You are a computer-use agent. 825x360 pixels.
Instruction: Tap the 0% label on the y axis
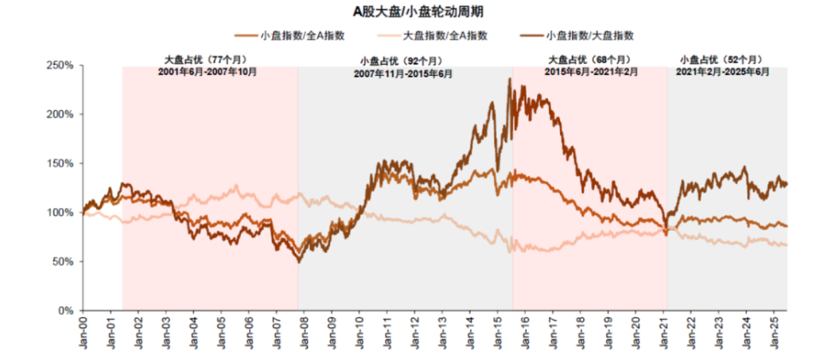(64, 311)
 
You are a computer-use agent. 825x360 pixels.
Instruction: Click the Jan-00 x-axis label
(83, 333)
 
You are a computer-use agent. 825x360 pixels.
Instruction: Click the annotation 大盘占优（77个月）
(207, 60)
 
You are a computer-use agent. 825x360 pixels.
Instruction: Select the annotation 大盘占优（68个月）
(590, 60)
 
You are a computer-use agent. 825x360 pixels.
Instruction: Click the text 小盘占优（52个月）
(721, 60)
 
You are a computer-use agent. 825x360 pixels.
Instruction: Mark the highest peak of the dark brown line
(509, 79)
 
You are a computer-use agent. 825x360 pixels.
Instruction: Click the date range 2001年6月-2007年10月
(207, 71)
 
